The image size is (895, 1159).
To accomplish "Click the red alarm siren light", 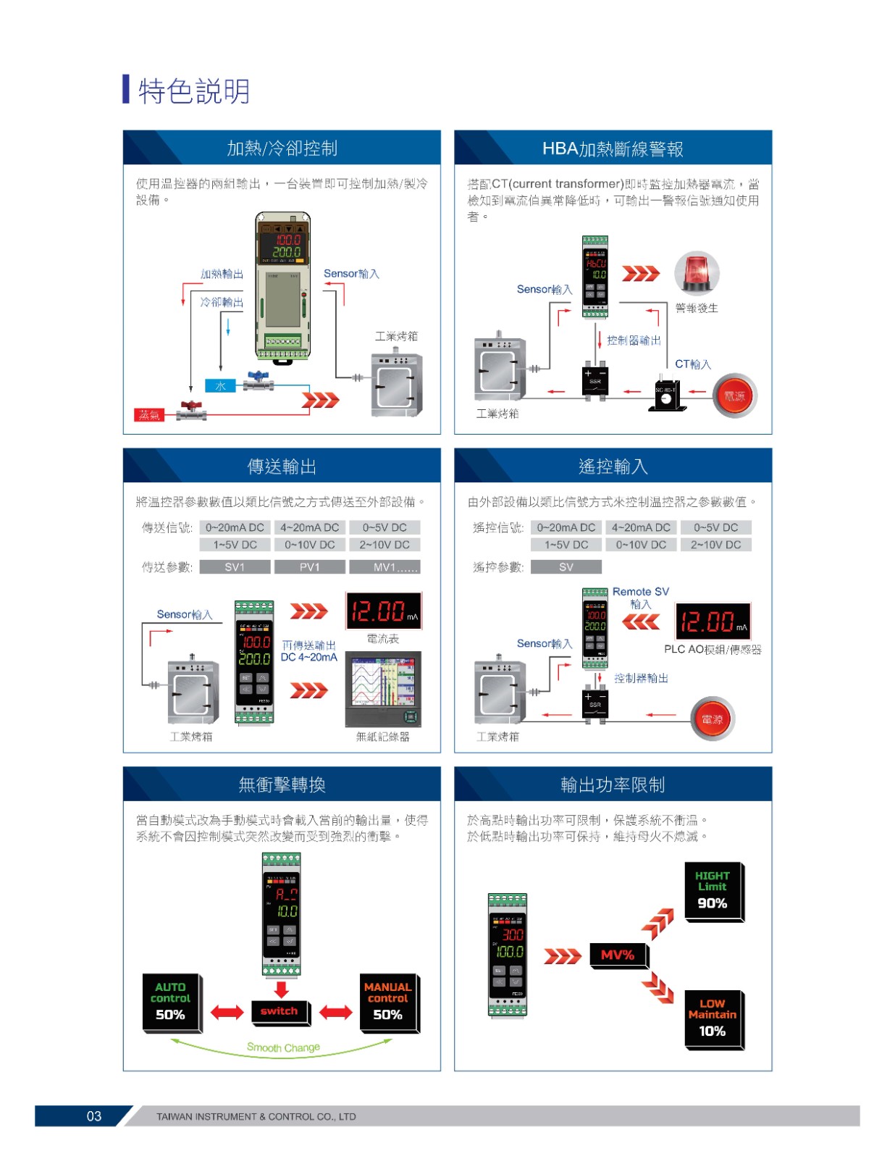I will pos(696,273).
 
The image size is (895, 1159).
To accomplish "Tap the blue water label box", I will pos(220,386).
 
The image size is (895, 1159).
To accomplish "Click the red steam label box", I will pos(149,415).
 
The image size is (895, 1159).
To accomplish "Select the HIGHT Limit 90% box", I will pos(713,890).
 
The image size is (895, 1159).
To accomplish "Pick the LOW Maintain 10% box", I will pos(713,1018).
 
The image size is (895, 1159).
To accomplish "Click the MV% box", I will pos(618,955).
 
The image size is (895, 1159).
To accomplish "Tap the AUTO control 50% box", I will pos(170,1002).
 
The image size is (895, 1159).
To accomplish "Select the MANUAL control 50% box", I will pos(387,1002).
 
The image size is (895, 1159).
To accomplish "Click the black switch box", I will pos(280,1011).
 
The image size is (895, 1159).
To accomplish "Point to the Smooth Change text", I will pos(283,1047).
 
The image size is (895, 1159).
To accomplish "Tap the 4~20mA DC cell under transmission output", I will pos(309,527).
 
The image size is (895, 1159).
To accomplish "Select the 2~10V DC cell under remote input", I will pos(715,545).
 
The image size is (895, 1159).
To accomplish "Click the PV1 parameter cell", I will pos(309,567).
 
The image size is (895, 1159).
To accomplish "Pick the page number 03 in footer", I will pos(94,1116).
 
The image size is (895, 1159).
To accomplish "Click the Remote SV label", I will pos(640,592).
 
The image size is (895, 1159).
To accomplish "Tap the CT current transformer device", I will pos(666,395).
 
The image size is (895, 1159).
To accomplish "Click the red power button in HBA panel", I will pos(734,396).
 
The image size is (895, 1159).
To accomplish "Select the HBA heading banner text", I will pos(613,149).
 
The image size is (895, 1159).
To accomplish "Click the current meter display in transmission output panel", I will pos(384,611).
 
